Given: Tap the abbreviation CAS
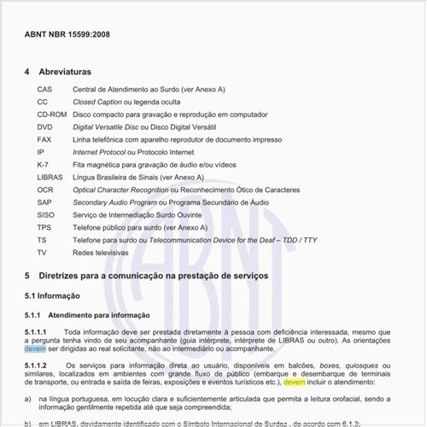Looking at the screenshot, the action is pos(45,89).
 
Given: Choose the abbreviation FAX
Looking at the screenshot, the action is pos(44,138).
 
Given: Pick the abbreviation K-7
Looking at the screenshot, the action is pos(44,164).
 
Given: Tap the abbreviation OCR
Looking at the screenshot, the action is pos(45,189).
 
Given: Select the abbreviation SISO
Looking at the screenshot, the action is pos(46,214).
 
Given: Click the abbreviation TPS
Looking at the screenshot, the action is pos(44,227).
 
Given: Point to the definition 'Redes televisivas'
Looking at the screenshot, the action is pos(94,253).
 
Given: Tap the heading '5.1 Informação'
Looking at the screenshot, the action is pos(53,295).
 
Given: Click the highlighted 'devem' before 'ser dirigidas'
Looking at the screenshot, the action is pos(35,348).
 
